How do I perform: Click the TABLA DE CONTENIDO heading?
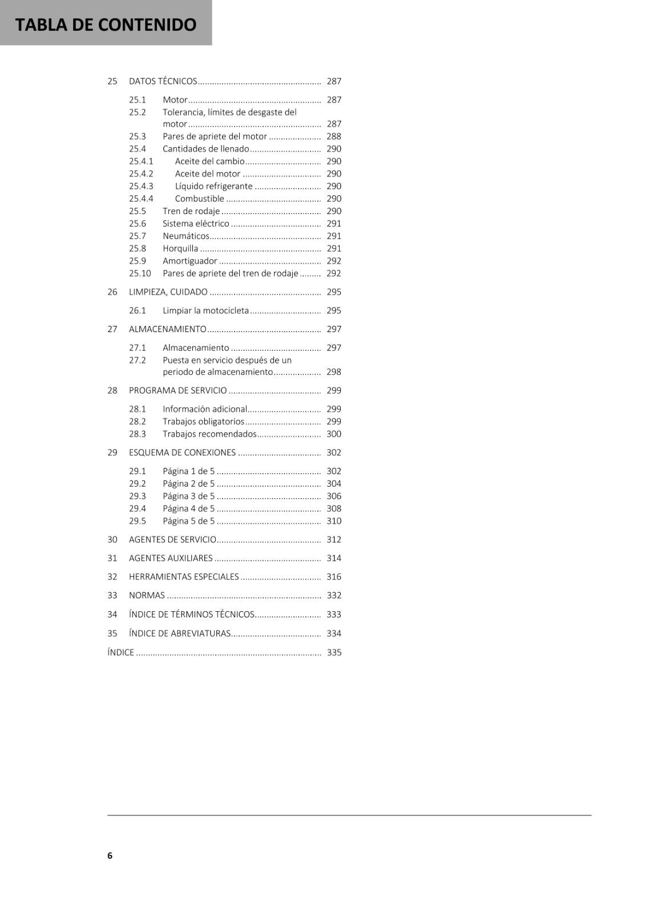[x=106, y=24]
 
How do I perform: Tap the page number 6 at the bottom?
[x=110, y=855]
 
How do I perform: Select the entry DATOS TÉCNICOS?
[x=163, y=81]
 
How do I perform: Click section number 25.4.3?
[x=141, y=186]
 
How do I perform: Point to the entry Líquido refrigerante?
[x=213, y=186]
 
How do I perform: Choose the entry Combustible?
[x=199, y=199]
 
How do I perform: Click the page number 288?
[x=334, y=136]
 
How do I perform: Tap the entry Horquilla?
[x=180, y=248]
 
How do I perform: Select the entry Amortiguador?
[x=190, y=261]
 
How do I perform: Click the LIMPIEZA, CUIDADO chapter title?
[x=168, y=292]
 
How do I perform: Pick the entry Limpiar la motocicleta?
[x=205, y=310]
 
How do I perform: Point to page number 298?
[x=334, y=371]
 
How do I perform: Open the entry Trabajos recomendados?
[x=209, y=434]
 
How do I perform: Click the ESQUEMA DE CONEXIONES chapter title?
[x=182, y=453]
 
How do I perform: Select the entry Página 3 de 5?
[x=188, y=496]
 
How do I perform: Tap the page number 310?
[x=334, y=521]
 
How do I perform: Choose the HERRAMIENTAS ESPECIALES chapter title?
[x=184, y=576]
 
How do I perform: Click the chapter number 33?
[x=112, y=595]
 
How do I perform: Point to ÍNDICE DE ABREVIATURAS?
[x=180, y=633]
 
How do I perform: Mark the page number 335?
[x=334, y=652]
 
